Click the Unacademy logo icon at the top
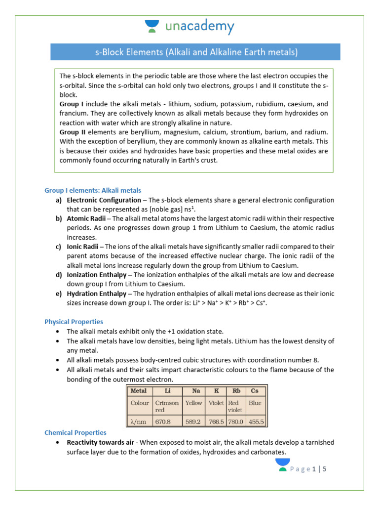[x=152, y=26]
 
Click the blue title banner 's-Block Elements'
[x=196, y=52]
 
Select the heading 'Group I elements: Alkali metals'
[x=93, y=190]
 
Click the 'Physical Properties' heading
[x=74, y=322]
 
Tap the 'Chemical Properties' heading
[x=75, y=432]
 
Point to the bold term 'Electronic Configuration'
[x=104, y=200]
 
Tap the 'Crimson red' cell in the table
[x=166, y=406]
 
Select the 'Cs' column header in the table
[x=255, y=390]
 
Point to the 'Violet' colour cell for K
[x=216, y=403]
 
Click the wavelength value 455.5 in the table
[x=256, y=422]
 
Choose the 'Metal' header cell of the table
[x=138, y=390]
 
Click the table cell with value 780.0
[x=236, y=422]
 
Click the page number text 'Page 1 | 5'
[x=308, y=469]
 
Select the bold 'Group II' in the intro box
[x=72, y=132]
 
